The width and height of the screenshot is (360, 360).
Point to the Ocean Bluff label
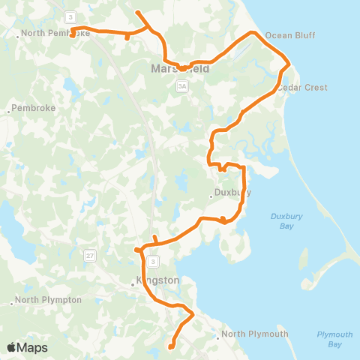pyautogui.click(x=290, y=35)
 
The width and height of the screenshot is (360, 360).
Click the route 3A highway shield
pyautogui.click(x=181, y=87)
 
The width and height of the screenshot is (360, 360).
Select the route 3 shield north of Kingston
pyautogui.click(x=152, y=261)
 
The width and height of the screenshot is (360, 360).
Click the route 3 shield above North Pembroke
pyautogui.click(x=70, y=16)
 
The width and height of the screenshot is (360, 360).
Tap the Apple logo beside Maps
pyautogui.click(x=12, y=347)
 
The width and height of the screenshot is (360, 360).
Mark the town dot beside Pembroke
pyautogui.click(x=9, y=111)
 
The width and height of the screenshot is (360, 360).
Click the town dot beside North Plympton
pyautogui.click(x=13, y=303)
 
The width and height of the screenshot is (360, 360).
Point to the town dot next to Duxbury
pyautogui.click(x=211, y=197)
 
